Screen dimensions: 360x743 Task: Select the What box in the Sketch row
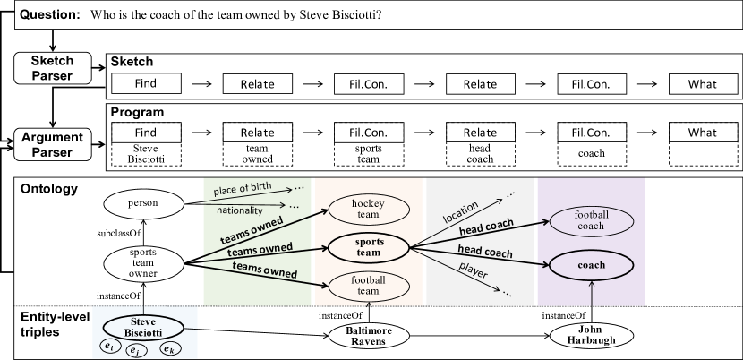point(703,84)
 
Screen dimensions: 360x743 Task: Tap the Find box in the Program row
point(145,133)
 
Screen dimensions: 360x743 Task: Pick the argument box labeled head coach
point(481,153)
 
